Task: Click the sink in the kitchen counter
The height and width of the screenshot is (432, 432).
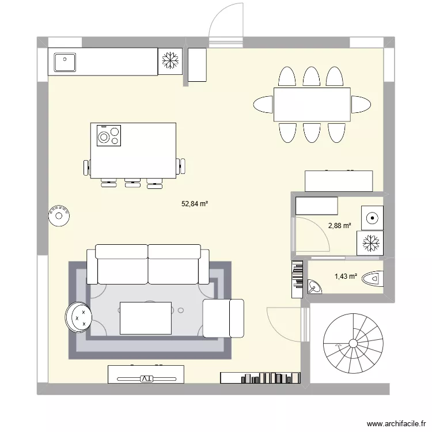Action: (65, 62)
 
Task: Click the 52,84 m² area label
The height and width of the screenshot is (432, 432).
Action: (195, 203)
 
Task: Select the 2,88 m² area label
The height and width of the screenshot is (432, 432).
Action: (339, 226)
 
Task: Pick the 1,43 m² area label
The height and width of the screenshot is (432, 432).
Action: (346, 277)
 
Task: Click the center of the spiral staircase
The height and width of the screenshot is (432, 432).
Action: (353, 343)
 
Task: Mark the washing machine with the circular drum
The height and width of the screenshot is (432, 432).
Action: (372, 218)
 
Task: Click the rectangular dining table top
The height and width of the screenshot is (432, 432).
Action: (312, 104)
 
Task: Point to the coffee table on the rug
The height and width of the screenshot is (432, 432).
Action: (146, 318)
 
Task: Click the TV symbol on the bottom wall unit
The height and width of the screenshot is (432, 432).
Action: (146, 379)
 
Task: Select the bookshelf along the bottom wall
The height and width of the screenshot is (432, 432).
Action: (260, 378)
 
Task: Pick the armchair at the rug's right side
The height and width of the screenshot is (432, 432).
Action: (223, 318)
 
